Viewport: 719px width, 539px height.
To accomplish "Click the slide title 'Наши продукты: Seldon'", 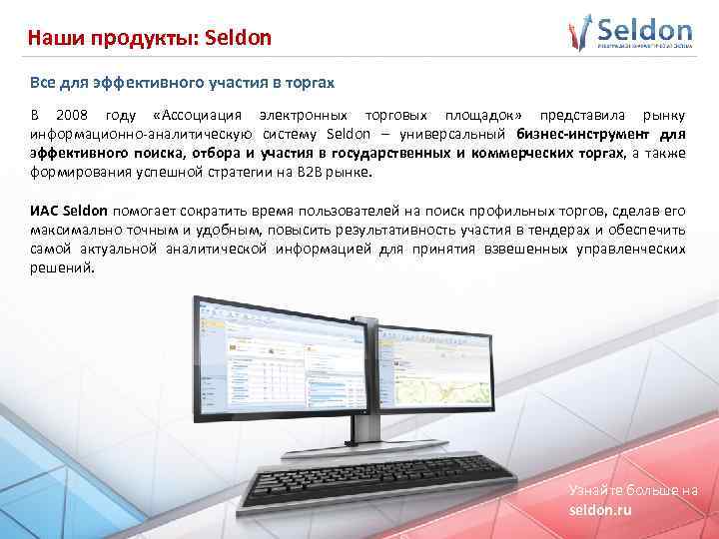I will [149, 38].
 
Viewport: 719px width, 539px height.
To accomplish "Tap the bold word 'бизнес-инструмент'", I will [576, 134].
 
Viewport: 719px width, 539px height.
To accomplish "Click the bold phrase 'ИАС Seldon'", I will [70, 212].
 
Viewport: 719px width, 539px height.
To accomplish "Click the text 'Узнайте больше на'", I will [633, 490].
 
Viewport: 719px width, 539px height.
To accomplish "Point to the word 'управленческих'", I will [631, 249].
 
